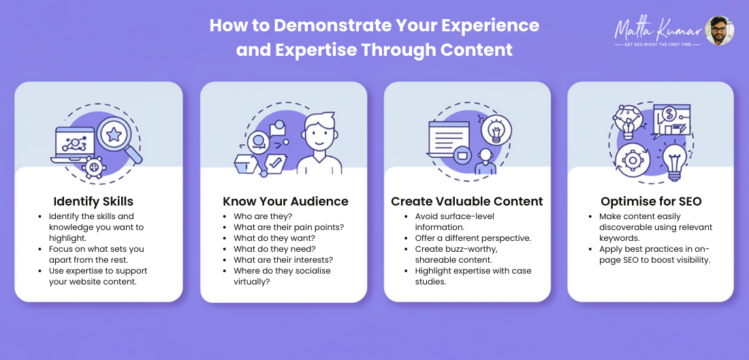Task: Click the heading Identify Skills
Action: tap(94, 201)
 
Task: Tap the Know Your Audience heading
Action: tap(286, 201)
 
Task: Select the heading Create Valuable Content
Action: tap(467, 201)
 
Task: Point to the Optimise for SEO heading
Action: tap(651, 201)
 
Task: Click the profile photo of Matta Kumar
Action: tap(720, 31)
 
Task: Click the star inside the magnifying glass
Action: tap(114, 135)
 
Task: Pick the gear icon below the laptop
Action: tap(94, 167)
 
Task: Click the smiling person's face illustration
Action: tap(319, 133)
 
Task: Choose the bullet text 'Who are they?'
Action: tap(263, 216)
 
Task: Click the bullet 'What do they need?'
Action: tap(274, 249)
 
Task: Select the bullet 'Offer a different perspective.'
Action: tap(473, 238)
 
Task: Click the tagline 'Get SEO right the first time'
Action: tap(658, 44)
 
